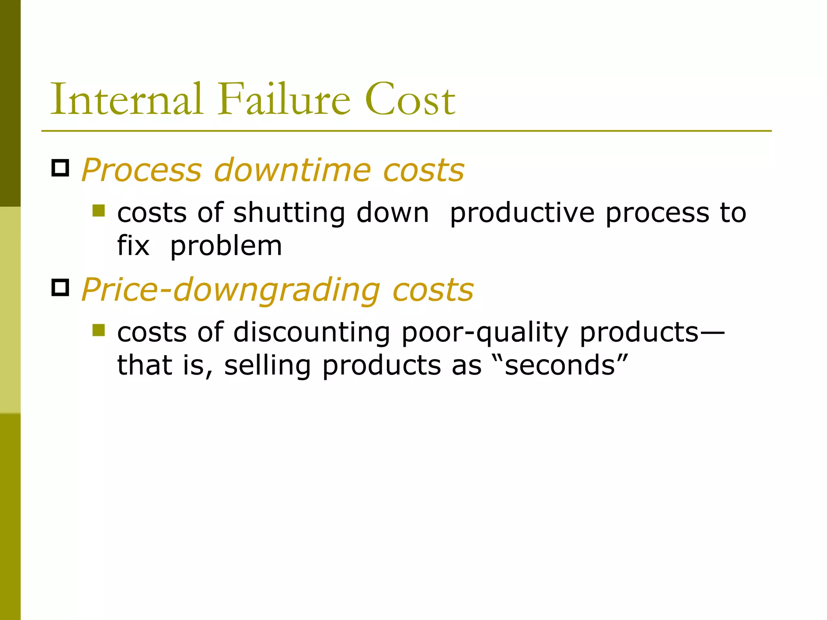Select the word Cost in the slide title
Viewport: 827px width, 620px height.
410,100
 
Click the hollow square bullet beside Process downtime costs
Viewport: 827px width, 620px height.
60,168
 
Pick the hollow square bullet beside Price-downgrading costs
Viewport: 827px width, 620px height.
60,287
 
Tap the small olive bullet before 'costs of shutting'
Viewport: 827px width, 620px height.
99,210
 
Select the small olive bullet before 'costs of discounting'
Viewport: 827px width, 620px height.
99,330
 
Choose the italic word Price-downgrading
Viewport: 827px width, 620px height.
231,290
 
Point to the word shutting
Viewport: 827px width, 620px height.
289,213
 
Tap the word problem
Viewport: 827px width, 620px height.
226,246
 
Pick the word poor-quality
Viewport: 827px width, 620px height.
485,333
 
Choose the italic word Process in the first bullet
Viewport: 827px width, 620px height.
141,170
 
